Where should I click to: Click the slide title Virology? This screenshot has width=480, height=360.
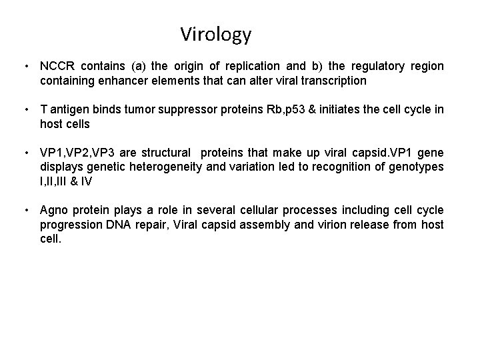(215, 34)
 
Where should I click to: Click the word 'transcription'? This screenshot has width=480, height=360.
(331, 81)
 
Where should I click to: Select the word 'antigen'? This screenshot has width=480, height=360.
(69, 109)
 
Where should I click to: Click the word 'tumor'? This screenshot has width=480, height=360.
(131, 109)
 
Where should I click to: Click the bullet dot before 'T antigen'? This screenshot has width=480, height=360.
(25, 109)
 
